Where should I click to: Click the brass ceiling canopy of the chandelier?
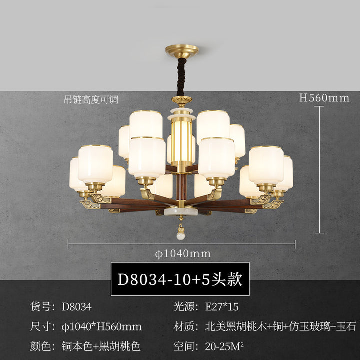[x=182, y=51]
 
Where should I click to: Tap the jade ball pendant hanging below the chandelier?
[x=181, y=236]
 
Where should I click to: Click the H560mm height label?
[x=324, y=98]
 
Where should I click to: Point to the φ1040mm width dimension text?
[x=183, y=254]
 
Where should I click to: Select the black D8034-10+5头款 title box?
[x=180, y=279]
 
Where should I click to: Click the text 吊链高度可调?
[x=91, y=100]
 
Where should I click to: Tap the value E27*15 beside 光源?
[x=222, y=307]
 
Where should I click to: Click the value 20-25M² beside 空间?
[x=224, y=346]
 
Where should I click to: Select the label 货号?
[x=40, y=307]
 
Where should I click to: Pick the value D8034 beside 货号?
[x=77, y=307]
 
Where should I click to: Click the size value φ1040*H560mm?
[x=102, y=326]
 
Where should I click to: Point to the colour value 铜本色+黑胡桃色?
[x=101, y=346]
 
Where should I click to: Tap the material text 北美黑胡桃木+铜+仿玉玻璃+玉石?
[x=281, y=326]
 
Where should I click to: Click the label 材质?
[x=183, y=326]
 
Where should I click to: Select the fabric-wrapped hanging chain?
[x=181, y=77]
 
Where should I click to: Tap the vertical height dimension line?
[x=319, y=169]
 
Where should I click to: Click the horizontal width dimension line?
[x=182, y=244]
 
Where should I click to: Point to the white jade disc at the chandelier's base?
[x=181, y=211]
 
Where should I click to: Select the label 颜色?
[x=40, y=346]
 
